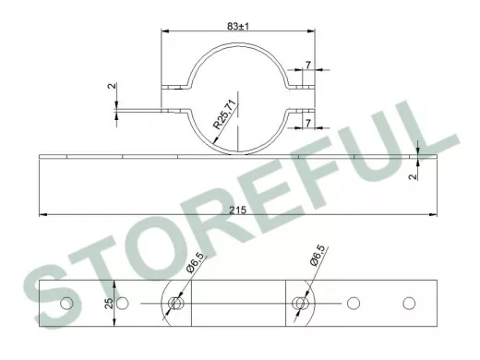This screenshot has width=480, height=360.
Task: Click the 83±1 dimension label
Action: point(238,26)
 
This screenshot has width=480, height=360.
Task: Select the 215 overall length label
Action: point(238,210)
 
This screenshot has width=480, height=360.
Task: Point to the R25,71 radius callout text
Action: point(225,114)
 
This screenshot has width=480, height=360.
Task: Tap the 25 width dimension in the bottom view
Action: point(109,304)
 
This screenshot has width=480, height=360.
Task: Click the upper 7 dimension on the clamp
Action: point(308,65)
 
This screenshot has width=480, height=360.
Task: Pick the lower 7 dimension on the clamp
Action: point(308,123)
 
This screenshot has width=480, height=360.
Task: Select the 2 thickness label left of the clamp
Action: point(112,86)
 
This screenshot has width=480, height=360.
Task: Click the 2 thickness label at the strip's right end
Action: point(414,176)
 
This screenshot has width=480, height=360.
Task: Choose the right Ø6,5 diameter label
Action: point(318,256)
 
